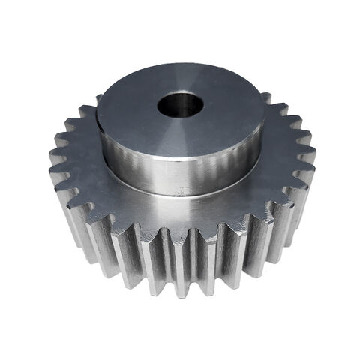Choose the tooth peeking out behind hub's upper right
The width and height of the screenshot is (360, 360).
click(265, 98)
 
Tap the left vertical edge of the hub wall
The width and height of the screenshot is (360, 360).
click(98, 142)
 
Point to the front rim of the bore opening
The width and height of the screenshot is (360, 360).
click(180, 117)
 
